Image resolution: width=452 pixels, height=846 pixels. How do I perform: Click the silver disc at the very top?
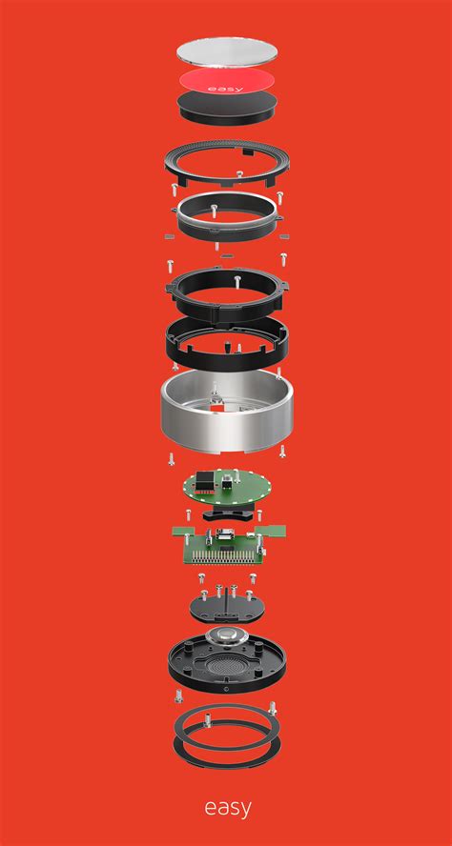[227, 53]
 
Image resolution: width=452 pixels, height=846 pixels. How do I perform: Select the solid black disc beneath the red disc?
[227, 107]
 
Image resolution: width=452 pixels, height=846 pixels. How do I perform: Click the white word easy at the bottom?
[227, 808]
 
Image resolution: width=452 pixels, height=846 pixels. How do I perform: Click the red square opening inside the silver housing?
[219, 413]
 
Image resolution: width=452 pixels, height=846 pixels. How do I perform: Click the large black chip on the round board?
[206, 479]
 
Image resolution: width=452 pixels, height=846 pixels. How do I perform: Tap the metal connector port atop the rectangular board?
[223, 536]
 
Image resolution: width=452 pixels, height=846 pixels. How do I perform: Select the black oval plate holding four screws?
[227, 608]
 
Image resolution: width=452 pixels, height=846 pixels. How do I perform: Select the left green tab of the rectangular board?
[182, 531]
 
